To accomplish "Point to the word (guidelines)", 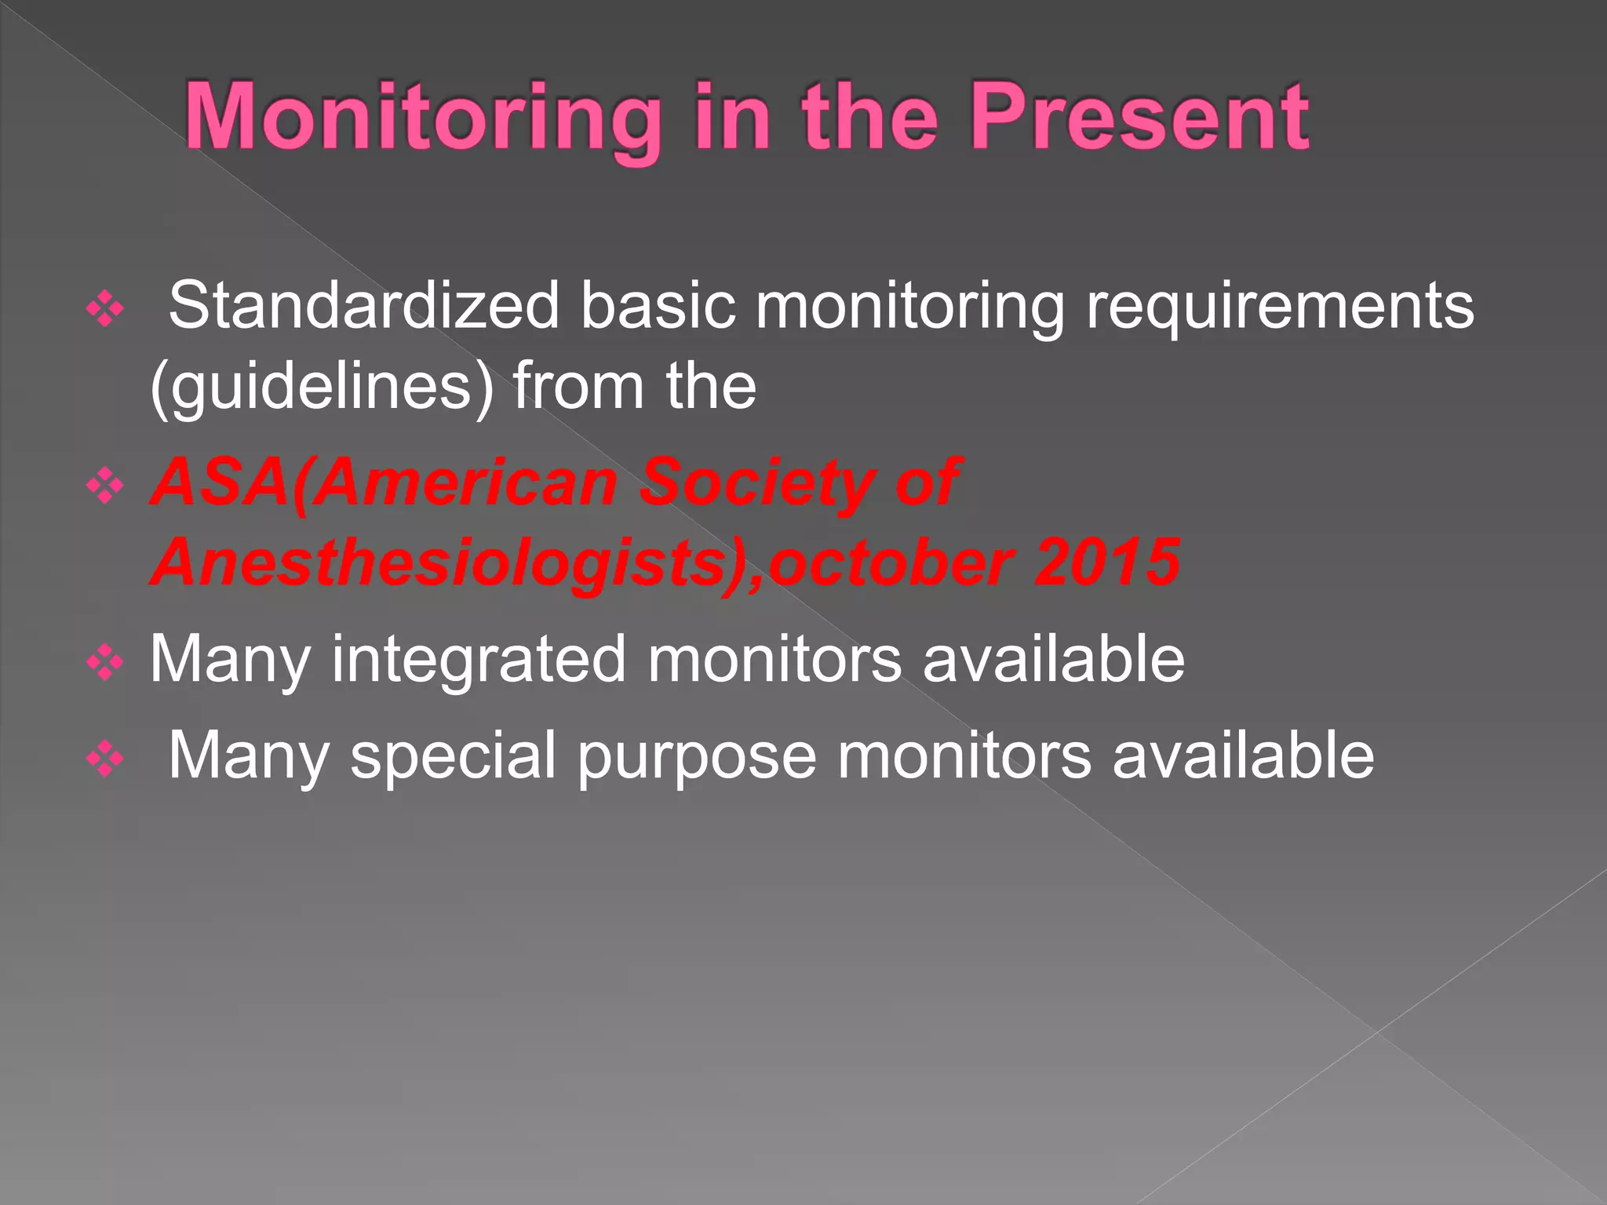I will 322,387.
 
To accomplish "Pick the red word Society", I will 758,483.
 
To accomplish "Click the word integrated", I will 478,660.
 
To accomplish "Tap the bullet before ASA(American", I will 105,486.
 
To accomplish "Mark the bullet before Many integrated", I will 105,664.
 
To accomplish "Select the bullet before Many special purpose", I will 105,759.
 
